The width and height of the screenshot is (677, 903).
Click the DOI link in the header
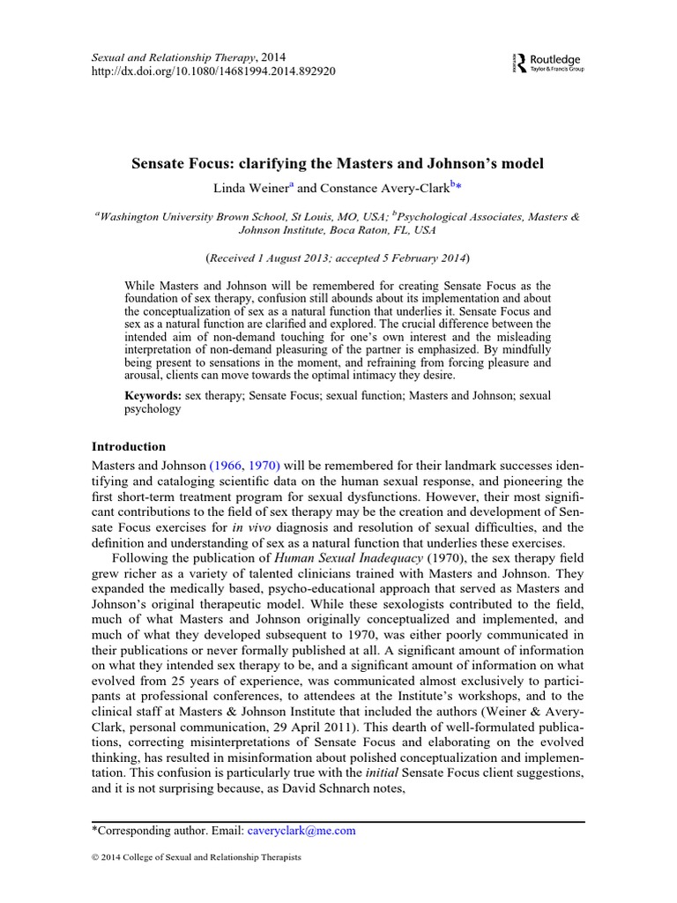(x=213, y=71)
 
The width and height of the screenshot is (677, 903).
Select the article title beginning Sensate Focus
(x=338, y=164)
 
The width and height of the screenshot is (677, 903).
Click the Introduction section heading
(x=129, y=447)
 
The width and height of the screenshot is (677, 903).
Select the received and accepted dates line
(x=338, y=258)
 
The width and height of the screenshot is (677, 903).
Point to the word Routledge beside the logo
(x=555, y=60)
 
